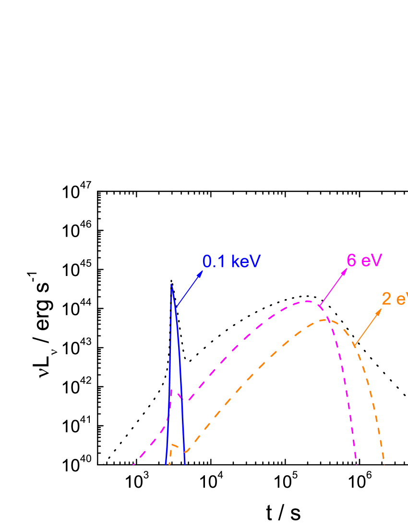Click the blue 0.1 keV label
click(231, 262)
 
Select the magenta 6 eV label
click(364, 261)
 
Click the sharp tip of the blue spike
click(171, 286)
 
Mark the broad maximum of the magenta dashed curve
click(307, 301)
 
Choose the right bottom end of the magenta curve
click(357, 464)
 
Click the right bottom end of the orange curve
click(384, 464)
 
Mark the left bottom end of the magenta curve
click(133, 464)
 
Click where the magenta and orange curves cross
click(326, 320)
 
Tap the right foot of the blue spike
click(185, 464)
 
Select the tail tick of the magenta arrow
click(320, 305)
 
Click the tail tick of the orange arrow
click(354, 344)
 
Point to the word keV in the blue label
click(246, 262)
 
